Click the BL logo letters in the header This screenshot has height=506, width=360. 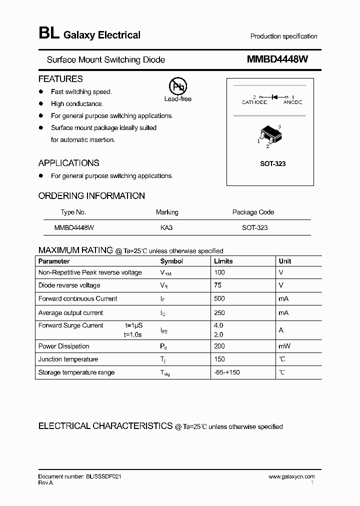click(x=48, y=34)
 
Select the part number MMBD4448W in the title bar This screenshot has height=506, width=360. click(x=277, y=59)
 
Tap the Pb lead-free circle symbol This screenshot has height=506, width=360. click(x=177, y=86)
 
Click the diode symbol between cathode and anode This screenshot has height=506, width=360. click(x=273, y=97)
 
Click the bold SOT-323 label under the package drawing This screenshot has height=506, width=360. click(x=273, y=164)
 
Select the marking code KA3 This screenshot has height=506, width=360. click(x=166, y=227)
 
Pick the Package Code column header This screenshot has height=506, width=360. click(x=253, y=212)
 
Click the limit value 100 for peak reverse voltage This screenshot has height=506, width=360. click(x=219, y=272)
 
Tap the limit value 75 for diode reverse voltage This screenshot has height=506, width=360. click(x=217, y=285)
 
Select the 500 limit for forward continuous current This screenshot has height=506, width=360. click(x=219, y=298)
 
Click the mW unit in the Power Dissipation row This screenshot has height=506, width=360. click(x=284, y=346)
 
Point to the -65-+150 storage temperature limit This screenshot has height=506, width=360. click(x=227, y=372)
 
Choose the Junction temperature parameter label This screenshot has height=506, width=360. click(x=68, y=359)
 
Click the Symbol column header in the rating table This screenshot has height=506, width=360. click(x=171, y=261)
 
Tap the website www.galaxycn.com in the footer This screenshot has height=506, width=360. click(x=291, y=477)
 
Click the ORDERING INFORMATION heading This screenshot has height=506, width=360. click(x=91, y=196)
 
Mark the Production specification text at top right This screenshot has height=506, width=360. click(x=283, y=36)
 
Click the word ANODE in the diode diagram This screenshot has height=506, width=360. click(x=292, y=102)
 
